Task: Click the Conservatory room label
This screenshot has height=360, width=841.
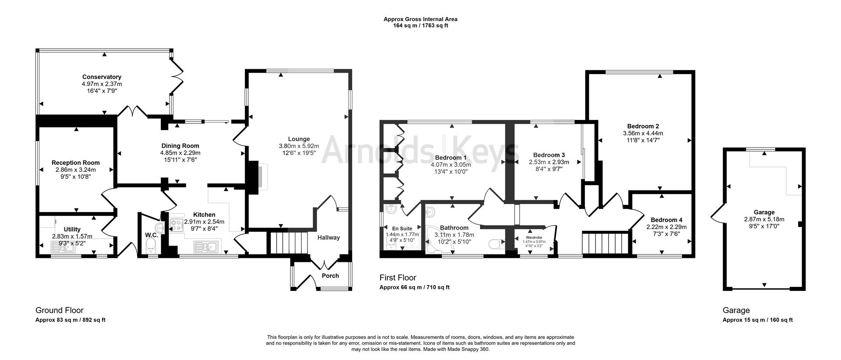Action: [x=102, y=77]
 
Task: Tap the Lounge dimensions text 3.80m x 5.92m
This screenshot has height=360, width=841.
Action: [x=299, y=146]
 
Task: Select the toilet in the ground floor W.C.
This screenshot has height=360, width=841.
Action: [x=152, y=245]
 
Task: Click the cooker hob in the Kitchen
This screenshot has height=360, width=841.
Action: [x=177, y=225]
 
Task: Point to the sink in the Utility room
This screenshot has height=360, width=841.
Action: [x=64, y=248]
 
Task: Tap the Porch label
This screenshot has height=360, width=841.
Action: [x=330, y=275]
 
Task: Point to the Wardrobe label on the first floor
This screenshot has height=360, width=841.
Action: [x=534, y=237]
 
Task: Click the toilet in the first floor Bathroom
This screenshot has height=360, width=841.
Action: [x=495, y=244]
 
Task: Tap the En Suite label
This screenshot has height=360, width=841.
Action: [x=402, y=228]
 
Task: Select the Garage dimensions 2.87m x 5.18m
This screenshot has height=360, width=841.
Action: [x=764, y=219]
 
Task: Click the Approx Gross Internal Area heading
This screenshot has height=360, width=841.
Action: [x=420, y=19]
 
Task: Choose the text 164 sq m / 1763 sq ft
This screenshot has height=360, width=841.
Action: [x=420, y=25]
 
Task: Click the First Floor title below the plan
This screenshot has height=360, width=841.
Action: [x=397, y=278]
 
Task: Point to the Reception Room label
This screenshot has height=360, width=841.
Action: [x=75, y=162]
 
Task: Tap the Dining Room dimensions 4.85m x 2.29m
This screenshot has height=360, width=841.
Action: [x=180, y=153]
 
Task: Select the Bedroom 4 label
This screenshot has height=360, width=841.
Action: [x=666, y=220]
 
